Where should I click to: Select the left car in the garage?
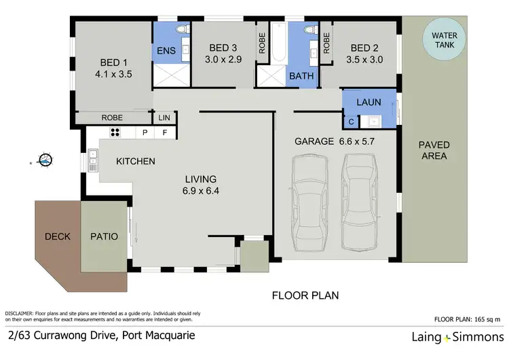click(312, 202)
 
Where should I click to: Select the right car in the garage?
click(360, 202)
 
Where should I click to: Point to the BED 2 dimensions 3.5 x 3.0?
click(366, 60)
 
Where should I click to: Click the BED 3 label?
click(223, 48)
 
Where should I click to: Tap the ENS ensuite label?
click(166, 51)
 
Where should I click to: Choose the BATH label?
click(301, 76)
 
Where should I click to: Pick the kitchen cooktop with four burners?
click(115, 133)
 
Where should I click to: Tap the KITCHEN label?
click(136, 162)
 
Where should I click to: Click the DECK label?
click(58, 237)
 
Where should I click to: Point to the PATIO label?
click(105, 237)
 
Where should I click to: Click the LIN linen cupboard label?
click(164, 118)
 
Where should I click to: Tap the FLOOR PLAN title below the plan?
click(305, 295)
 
